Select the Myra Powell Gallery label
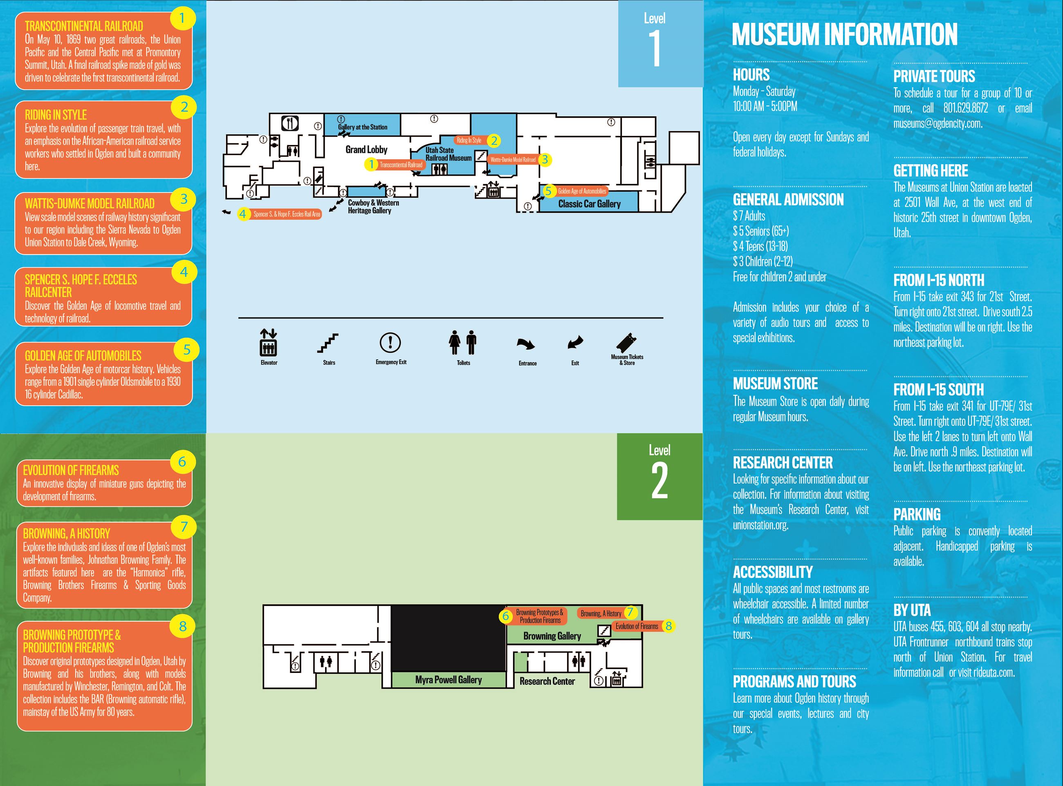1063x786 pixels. (448, 680)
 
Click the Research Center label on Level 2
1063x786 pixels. (547, 681)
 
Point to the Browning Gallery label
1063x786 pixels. (552, 636)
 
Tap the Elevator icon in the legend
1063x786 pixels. (269, 343)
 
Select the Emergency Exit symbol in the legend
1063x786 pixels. (390, 342)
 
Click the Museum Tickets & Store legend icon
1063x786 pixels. (626, 342)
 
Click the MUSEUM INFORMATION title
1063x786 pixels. (844, 34)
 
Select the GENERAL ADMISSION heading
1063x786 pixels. (788, 199)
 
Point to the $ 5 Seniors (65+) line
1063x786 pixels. (761, 231)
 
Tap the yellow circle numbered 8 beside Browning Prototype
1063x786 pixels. (182, 626)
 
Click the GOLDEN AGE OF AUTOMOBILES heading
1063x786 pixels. (83, 356)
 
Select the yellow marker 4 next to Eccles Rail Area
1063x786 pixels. (243, 214)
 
